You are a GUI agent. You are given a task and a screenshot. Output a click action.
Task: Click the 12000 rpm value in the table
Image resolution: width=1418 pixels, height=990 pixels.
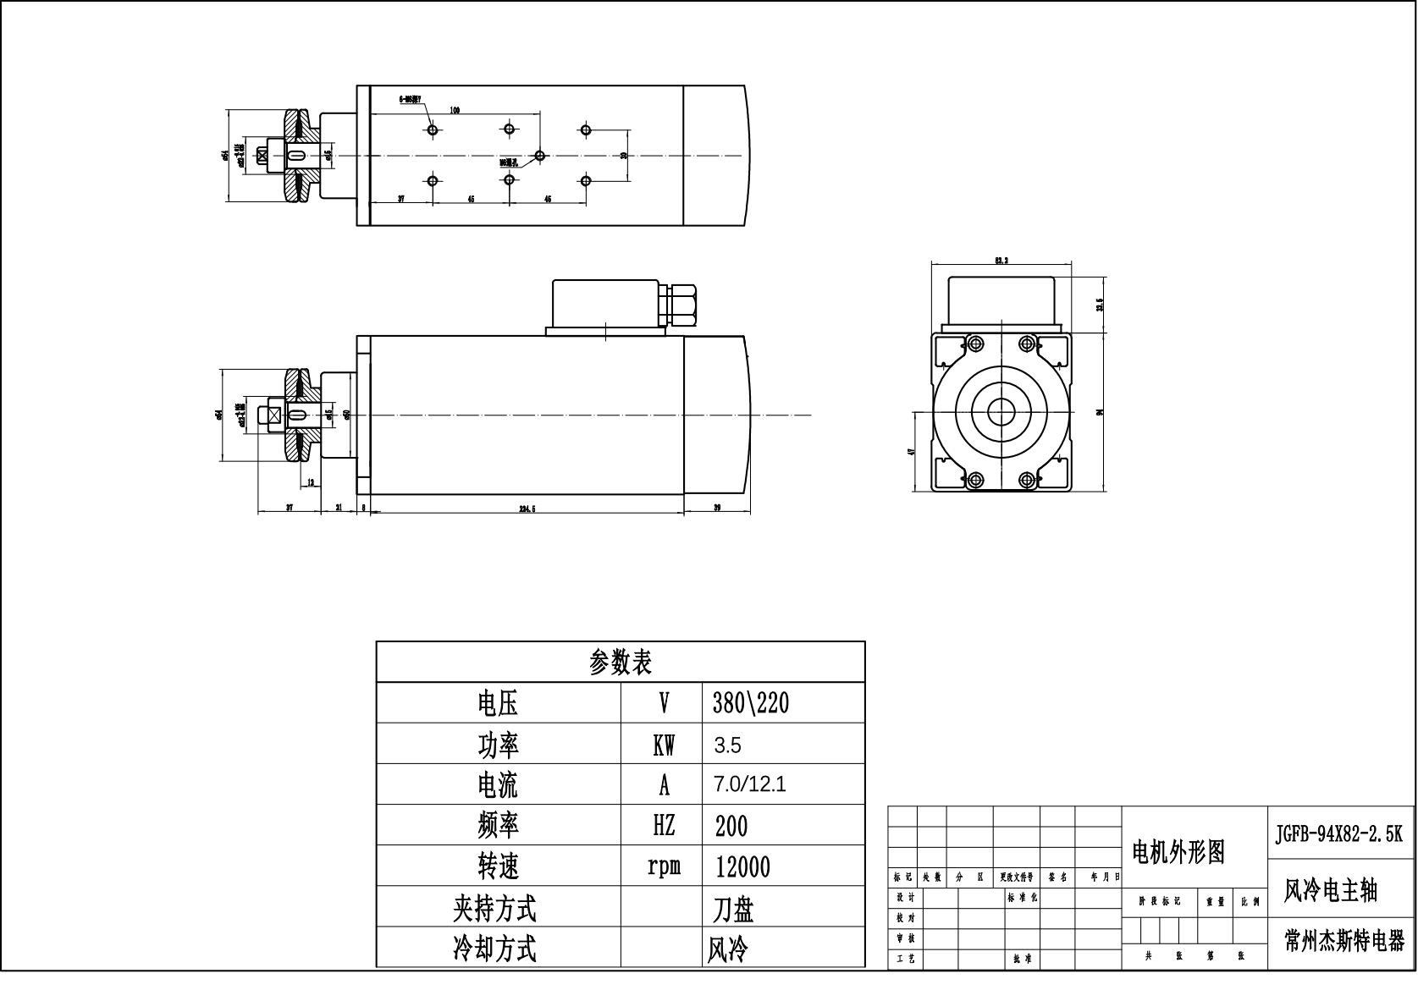pos(742,866)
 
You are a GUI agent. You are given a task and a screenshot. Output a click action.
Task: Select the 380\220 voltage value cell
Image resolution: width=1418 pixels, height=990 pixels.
pos(750,702)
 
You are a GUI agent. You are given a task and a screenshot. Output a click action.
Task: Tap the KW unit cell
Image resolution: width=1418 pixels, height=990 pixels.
pos(664,745)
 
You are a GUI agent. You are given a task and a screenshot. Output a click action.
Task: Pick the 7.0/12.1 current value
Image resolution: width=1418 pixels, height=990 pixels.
pos(749,784)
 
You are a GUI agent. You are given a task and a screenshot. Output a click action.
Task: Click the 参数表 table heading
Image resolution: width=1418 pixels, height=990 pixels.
pos(620,662)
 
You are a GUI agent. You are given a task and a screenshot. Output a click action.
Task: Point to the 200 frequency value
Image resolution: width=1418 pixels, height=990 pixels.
pos(731,826)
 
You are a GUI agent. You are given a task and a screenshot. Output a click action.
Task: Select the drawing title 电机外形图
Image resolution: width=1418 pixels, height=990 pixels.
pos(1178,851)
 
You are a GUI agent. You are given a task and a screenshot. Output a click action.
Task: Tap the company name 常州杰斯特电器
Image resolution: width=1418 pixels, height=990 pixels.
pos(1344,941)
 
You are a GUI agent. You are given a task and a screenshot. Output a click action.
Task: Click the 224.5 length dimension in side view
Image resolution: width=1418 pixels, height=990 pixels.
pos(527,509)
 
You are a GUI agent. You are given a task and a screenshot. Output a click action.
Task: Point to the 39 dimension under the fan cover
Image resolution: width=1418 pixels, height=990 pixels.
pos(717,508)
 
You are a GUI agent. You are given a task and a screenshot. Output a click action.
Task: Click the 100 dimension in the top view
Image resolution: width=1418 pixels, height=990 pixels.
pos(455,110)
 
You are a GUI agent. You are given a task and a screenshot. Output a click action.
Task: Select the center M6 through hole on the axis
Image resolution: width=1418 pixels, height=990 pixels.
pos(539,156)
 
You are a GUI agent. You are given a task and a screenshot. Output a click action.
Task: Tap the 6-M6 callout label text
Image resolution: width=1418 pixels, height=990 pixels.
pos(411,99)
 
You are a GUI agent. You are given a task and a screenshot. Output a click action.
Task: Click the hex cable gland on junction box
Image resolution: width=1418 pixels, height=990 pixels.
pos(682,306)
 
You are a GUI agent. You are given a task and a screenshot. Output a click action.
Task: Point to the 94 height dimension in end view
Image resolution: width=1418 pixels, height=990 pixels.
pos(1101,411)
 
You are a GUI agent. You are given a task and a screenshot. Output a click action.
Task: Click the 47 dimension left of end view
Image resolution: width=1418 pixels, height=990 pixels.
pos(911,451)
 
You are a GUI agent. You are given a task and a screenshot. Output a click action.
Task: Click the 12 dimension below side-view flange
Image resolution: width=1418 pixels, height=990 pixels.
pos(310,482)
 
